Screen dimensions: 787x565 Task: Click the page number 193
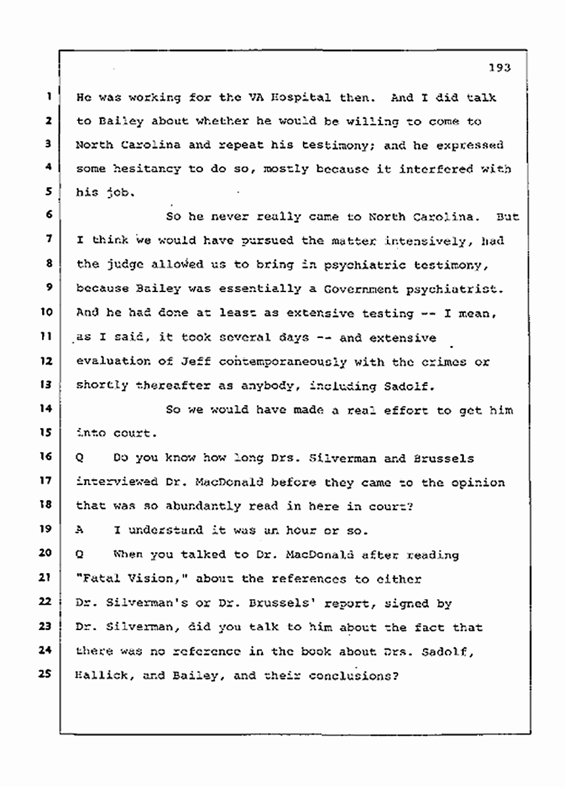499,67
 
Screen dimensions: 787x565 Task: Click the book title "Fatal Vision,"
116,578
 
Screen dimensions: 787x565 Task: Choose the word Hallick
100,675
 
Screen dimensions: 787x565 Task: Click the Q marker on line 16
80,457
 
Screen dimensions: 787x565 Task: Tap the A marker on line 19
80,530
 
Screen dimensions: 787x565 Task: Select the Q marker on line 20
80,554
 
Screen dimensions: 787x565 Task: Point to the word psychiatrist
460,289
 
